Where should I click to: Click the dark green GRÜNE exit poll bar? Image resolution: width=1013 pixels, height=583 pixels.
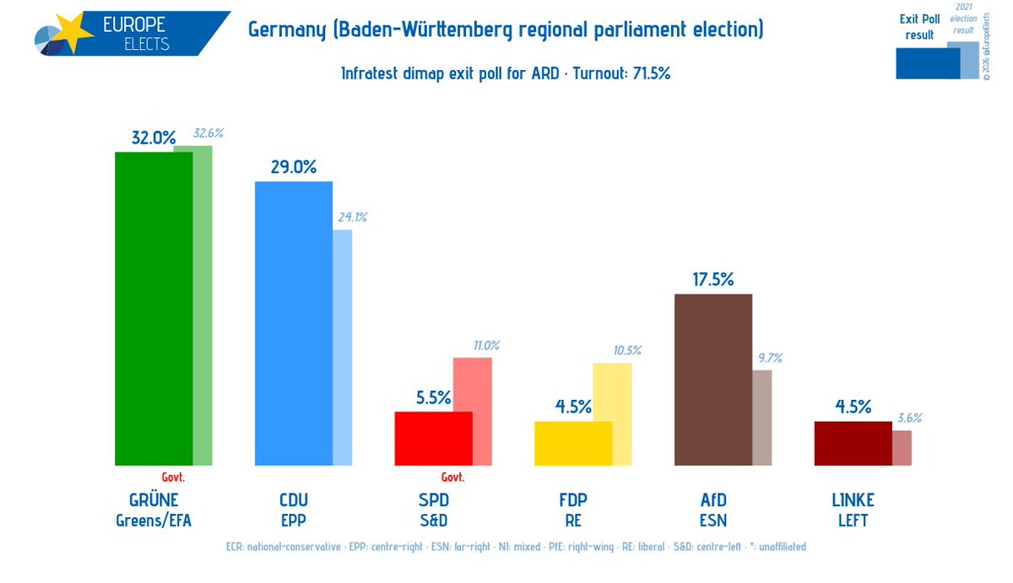pyautogui.click(x=154, y=309)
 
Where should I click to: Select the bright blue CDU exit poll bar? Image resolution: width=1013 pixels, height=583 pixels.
pyautogui.click(x=294, y=324)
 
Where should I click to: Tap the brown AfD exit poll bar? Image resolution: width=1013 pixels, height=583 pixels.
pyautogui.click(x=713, y=380)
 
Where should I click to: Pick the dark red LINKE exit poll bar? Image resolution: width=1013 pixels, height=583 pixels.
pyautogui.click(x=853, y=443)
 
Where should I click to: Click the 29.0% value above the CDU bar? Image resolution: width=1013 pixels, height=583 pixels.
pyautogui.click(x=294, y=167)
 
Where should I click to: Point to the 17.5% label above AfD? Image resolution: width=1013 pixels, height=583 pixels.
pyautogui.click(x=713, y=279)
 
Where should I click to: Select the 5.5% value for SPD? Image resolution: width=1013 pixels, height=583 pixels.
pyautogui.click(x=433, y=397)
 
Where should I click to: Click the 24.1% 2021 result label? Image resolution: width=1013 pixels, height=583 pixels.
pyautogui.click(x=353, y=218)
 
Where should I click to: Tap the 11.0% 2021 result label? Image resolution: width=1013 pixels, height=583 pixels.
pyautogui.click(x=486, y=346)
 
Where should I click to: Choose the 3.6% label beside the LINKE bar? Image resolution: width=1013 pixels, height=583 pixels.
pyautogui.click(x=909, y=418)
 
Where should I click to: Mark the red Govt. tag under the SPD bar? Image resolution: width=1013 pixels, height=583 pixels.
pyautogui.click(x=452, y=478)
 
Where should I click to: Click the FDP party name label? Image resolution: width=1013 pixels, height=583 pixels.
pyautogui.click(x=573, y=500)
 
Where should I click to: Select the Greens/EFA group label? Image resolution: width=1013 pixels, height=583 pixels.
pyautogui.click(x=154, y=521)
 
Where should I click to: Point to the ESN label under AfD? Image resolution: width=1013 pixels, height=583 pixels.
pyautogui.click(x=713, y=521)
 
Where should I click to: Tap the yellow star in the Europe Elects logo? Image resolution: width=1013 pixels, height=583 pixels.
pyautogui.click(x=73, y=31)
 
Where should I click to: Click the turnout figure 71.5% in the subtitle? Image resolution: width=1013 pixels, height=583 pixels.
pyautogui.click(x=651, y=73)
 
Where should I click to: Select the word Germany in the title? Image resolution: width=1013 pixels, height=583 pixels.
pyautogui.click(x=287, y=30)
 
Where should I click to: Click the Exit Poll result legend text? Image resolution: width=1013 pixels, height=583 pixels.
pyautogui.click(x=919, y=27)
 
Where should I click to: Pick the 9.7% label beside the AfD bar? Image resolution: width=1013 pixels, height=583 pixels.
pyautogui.click(x=770, y=359)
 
